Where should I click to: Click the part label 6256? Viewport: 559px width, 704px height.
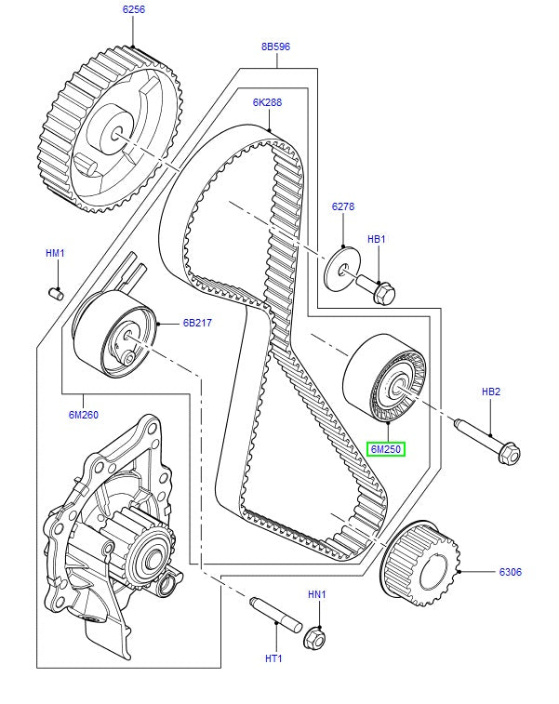click(133, 10)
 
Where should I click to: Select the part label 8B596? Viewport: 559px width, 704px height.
click(275, 46)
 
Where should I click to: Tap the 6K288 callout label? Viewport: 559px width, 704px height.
click(267, 102)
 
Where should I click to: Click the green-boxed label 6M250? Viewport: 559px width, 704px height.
click(385, 450)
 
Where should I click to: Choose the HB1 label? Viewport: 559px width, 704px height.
click(376, 239)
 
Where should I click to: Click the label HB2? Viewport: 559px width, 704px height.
click(490, 392)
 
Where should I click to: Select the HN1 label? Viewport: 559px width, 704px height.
click(318, 592)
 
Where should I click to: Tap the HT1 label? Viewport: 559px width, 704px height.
click(273, 659)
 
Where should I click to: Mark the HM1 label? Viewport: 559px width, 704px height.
click(56, 252)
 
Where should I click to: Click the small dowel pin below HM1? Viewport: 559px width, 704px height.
click(55, 295)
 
